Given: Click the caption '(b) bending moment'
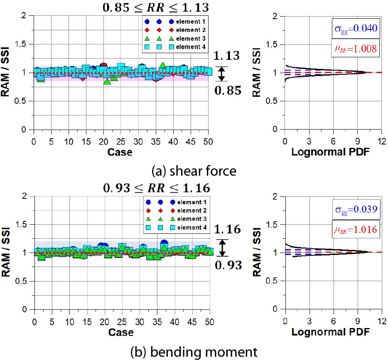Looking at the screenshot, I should click(x=194, y=352).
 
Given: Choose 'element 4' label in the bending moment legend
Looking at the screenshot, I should click(x=191, y=227).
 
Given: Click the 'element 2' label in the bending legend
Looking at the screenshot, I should click(x=191, y=211).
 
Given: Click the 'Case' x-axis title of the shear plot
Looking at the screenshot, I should click(x=120, y=152).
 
